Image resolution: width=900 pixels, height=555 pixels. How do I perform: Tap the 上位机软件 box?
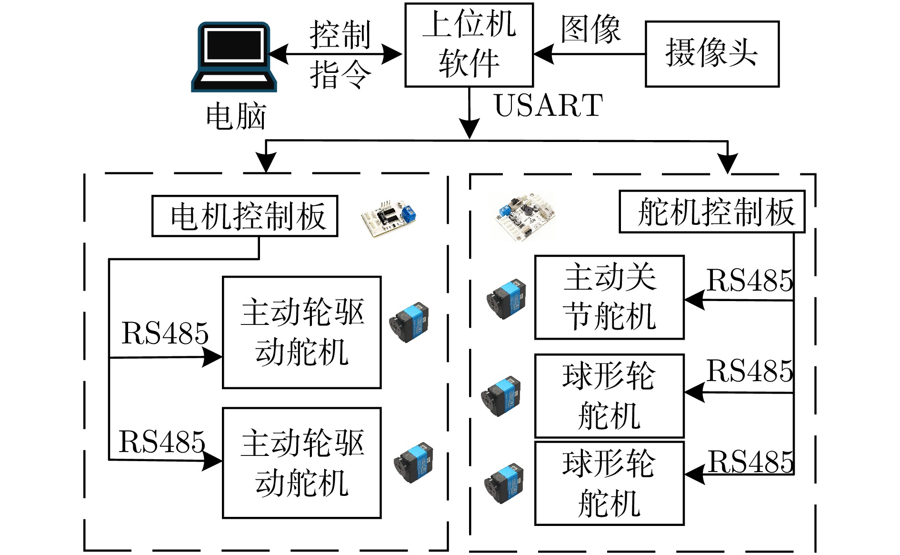[469, 45]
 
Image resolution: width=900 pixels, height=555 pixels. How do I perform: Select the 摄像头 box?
[712, 54]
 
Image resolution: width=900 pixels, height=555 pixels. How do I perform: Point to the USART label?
[549, 105]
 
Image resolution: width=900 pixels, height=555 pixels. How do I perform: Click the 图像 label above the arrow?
[590, 30]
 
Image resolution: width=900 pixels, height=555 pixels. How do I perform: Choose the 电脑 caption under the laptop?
[236, 116]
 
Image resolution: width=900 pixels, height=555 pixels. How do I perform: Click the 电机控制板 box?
[245, 216]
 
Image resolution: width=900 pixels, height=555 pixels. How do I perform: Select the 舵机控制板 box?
[712, 212]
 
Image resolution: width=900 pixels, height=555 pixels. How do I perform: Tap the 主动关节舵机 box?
[609, 297]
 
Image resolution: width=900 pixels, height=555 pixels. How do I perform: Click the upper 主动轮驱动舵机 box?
[302, 333]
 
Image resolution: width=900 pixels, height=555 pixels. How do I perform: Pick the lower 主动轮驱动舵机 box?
[302, 463]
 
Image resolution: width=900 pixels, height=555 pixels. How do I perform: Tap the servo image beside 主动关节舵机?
[506, 299]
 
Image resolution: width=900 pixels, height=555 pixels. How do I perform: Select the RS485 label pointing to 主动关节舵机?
[750, 280]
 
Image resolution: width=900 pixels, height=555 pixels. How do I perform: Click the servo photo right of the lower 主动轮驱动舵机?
[413, 464]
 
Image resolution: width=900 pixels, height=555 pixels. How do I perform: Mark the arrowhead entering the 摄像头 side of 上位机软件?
[543, 54]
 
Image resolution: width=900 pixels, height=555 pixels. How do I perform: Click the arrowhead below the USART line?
[470, 129]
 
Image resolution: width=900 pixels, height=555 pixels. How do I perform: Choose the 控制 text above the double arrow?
[340, 35]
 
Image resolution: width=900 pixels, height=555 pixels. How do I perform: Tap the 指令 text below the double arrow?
[340, 75]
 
